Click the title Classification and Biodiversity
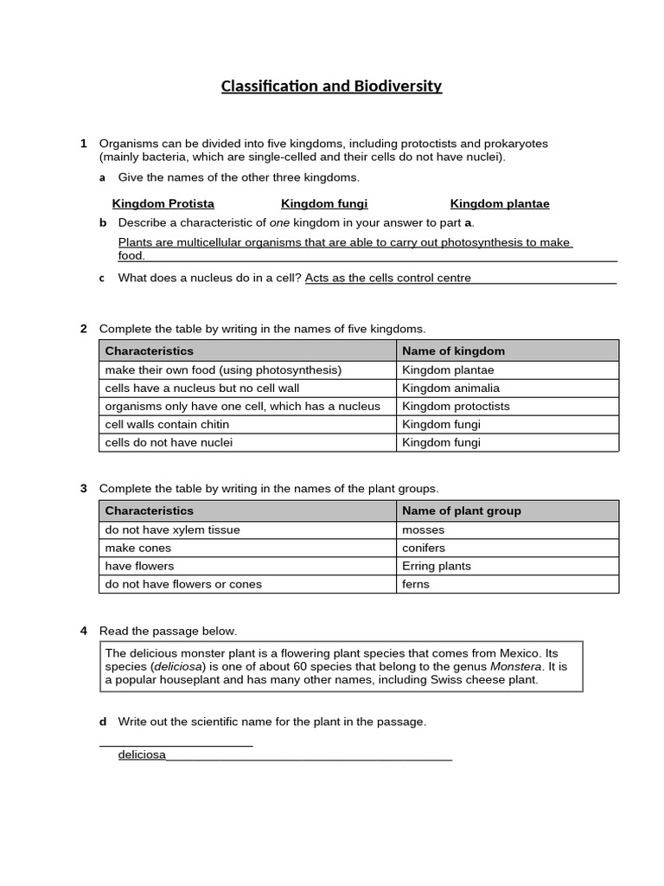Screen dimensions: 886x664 click(331, 86)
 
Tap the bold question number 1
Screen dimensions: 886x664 click(84, 143)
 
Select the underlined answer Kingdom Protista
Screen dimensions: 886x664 click(163, 204)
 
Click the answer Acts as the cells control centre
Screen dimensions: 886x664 click(388, 278)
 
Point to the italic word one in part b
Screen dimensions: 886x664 click(279, 222)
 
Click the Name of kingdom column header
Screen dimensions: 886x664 click(453, 350)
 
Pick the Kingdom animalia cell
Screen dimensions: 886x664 click(450, 388)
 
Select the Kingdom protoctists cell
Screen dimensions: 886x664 click(456, 407)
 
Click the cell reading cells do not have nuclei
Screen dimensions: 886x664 click(169, 443)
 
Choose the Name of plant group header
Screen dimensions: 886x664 click(462, 510)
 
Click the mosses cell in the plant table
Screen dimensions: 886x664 click(423, 530)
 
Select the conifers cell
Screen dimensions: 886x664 click(424, 548)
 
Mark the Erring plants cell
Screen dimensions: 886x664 click(437, 566)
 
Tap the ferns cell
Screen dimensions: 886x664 click(416, 584)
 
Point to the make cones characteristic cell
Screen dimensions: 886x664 click(138, 548)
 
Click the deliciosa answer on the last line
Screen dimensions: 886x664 click(142, 754)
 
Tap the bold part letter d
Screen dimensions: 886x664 click(102, 722)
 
